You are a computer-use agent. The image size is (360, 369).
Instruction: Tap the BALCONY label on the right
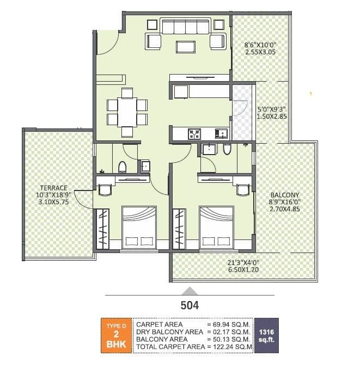point(284,194)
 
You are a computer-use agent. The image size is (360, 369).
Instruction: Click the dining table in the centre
point(127,112)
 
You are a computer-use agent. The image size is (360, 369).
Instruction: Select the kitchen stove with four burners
point(194,133)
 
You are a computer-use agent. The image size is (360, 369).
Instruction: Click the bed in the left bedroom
point(138,227)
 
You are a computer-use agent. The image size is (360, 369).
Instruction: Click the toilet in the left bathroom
point(123,166)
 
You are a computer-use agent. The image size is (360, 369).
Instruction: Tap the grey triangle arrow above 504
point(188,290)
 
